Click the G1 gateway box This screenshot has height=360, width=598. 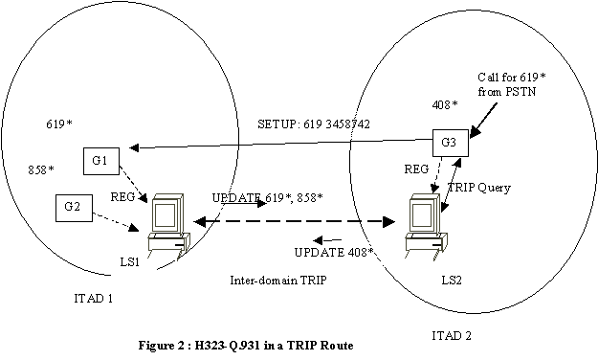point(100,161)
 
